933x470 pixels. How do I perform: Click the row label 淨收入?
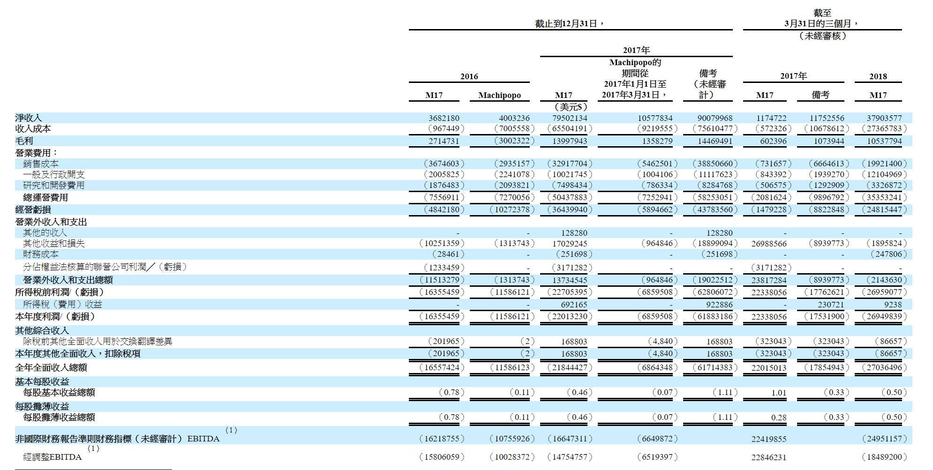28,118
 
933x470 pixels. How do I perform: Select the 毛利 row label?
24,141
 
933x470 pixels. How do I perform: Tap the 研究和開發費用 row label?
53,186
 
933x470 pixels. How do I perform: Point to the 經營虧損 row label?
33,209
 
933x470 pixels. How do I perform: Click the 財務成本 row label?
41,254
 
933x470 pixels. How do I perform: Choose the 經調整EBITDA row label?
52,457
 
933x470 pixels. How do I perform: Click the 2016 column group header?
469,76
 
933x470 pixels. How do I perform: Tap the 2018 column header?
878,76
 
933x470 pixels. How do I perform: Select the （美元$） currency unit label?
570,107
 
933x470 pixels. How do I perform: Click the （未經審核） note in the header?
822,36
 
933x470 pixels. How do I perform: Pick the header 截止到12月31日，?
570,23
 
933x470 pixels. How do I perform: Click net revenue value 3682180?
443,118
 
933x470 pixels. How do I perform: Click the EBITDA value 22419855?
767,439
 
